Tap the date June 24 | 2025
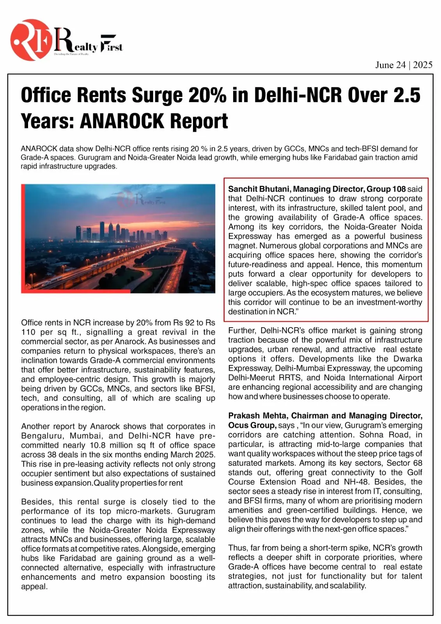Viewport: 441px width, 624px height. coord(404,65)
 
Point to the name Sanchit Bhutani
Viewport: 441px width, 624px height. coord(259,189)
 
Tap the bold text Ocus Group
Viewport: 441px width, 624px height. coord(252,425)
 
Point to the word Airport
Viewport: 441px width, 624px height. coord(407,378)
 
